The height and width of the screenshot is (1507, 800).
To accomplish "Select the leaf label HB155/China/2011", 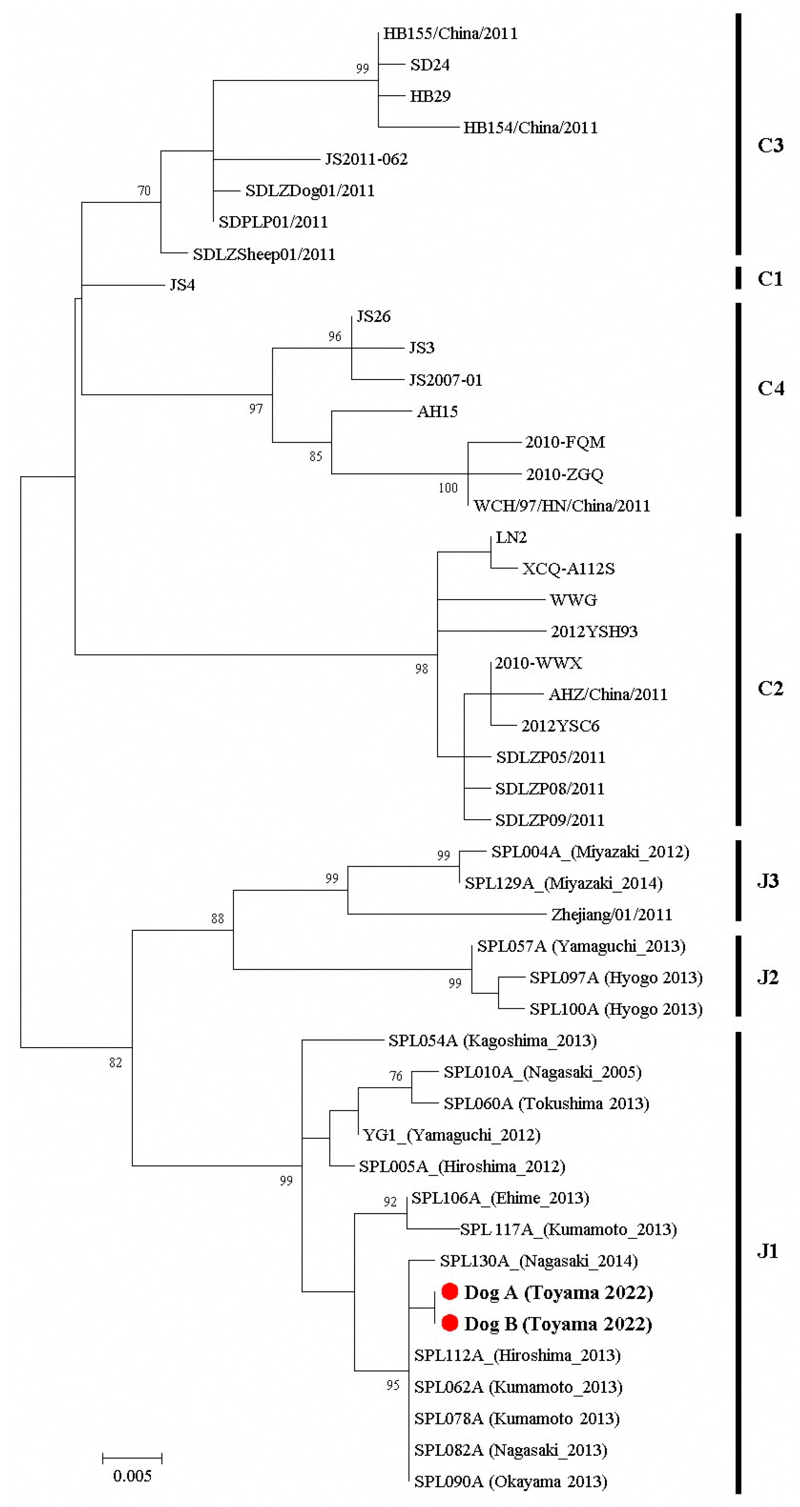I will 450,33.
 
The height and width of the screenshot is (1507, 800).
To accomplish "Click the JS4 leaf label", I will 182,285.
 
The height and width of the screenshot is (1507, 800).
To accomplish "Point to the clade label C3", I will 770,145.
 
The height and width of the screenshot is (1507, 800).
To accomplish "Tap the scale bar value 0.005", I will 132,1475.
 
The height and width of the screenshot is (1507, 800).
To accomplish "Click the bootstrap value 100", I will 448,488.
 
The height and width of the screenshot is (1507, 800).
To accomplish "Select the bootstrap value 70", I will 144,191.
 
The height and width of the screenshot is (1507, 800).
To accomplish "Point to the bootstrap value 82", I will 116,1062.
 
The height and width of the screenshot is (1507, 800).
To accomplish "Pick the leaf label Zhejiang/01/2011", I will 612,914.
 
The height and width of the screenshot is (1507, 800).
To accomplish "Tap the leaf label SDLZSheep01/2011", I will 264,254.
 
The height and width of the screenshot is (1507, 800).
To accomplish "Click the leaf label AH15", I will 437,411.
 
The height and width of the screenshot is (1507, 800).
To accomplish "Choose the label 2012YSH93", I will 594,631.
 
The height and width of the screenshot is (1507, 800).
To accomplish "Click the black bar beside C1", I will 739,278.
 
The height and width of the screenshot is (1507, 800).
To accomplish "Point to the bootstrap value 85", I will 316,456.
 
